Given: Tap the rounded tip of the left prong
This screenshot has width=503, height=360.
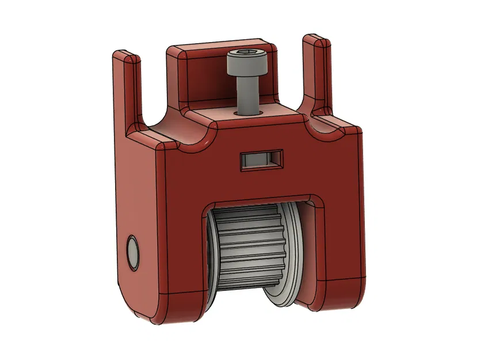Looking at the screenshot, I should (125, 56).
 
